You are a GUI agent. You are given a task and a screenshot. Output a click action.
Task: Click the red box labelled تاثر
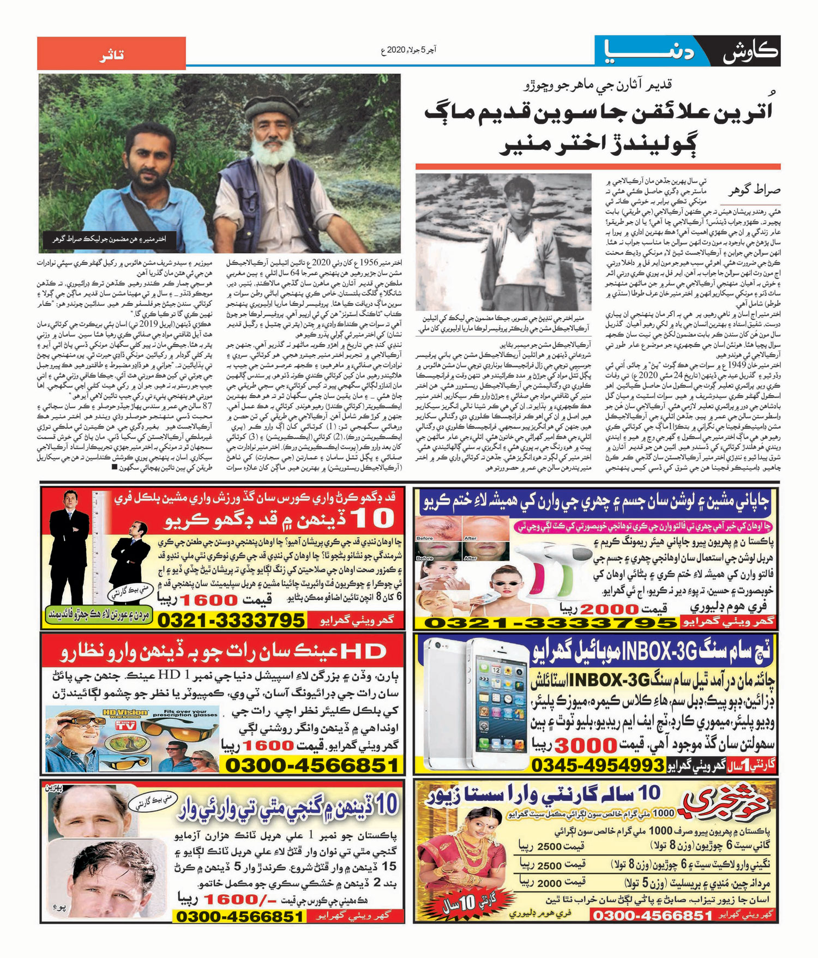(x=111, y=53)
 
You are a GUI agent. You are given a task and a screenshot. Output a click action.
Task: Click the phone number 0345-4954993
(x=597, y=766)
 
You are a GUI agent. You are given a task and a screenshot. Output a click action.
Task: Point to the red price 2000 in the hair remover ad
(x=601, y=608)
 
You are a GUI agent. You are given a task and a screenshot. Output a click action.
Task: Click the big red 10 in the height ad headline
(x=374, y=519)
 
